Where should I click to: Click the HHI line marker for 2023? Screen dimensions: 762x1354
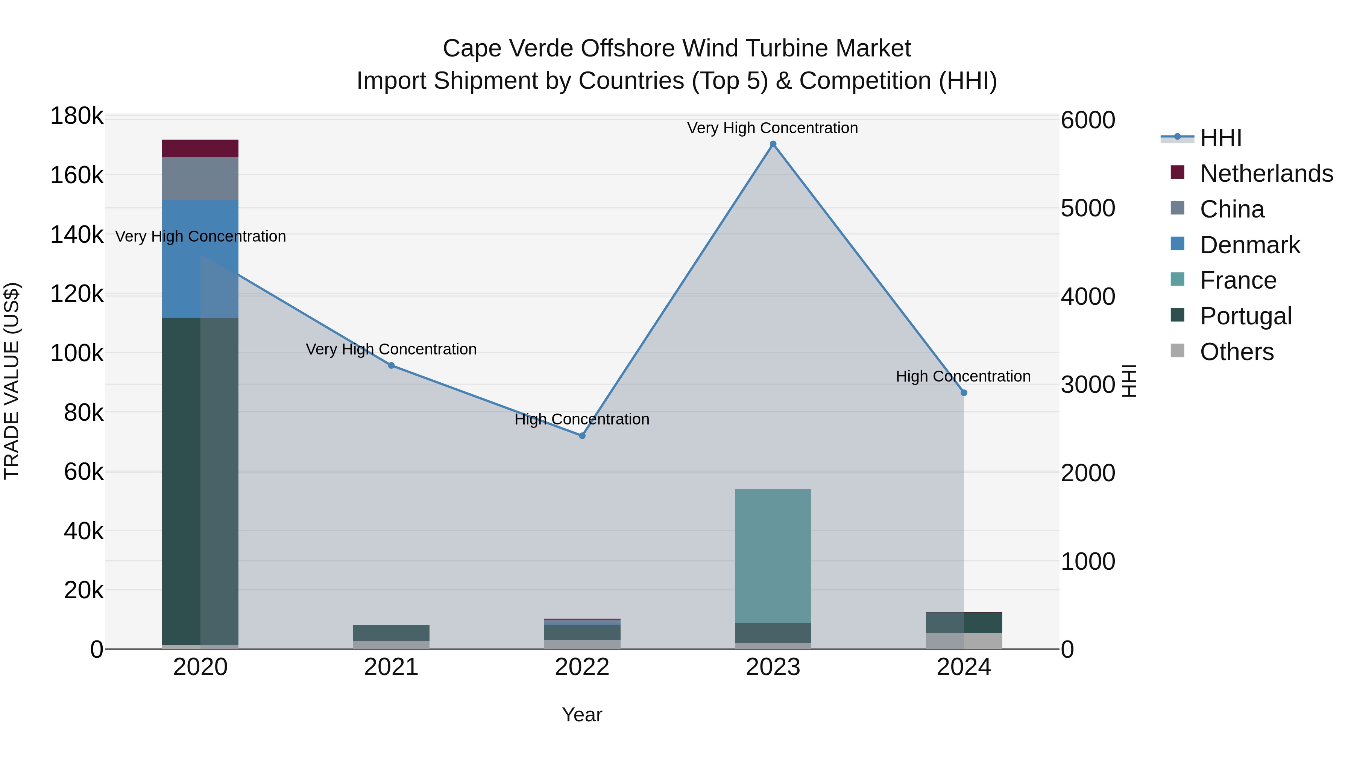tap(773, 144)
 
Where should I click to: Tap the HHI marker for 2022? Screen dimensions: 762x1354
tap(582, 435)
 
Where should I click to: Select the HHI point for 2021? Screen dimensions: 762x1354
tap(391, 365)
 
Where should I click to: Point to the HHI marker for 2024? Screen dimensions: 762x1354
tap(964, 393)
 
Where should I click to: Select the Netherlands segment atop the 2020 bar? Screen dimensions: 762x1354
tap(200, 148)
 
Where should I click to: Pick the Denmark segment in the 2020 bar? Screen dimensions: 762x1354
tap(200, 259)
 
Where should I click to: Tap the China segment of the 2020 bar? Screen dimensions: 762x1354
tap(200, 178)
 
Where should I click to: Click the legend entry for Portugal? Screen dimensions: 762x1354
tap(1245, 316)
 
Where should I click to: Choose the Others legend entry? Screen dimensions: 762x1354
tap(1236, 352)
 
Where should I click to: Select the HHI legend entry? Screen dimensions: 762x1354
tap(1220, 138)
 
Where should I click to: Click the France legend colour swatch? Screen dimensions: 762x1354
tap(1177, 280)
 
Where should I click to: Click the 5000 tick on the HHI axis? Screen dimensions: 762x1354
tap(1087, 208)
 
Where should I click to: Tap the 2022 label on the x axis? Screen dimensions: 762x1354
tap(582, 667)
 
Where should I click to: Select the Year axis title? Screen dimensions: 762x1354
tap(582, 715)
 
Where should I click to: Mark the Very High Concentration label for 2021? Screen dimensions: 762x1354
tap(391, 349)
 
